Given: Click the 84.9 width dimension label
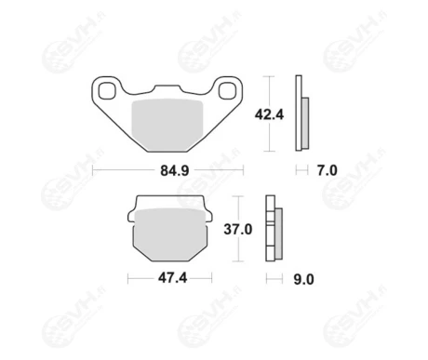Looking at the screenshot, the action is click(x=175, y=170).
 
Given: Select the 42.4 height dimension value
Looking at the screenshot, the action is click(x=269, y=114).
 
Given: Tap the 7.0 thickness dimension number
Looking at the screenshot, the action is click(x=328, y=170).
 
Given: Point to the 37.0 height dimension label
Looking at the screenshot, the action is click(x=238, y=230).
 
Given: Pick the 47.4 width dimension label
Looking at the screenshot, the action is click(x=173, y=278).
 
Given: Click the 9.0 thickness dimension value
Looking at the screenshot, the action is click(x=304, y=279).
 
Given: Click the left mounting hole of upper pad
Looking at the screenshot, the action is click(x=107, y=90).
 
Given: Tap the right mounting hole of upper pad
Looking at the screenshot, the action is click(x=227, y=90).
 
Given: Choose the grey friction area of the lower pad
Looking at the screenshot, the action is click(x=170, y=234).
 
